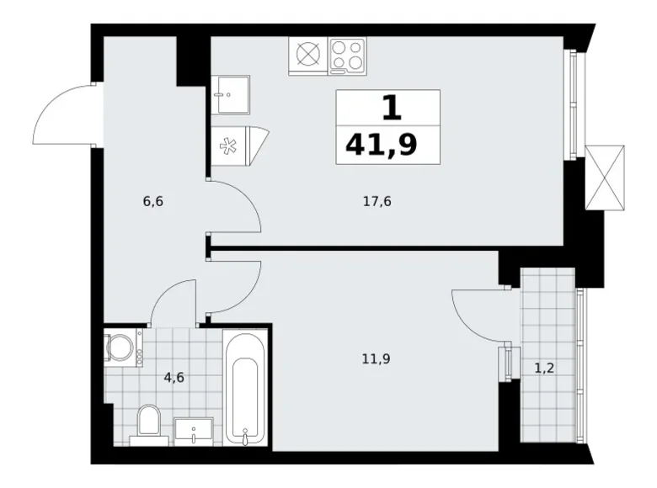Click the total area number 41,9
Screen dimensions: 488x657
point(381,146)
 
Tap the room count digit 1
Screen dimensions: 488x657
point(389,108)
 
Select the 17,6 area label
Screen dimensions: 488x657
point(377,201)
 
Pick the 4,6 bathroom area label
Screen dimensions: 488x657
point(174,377)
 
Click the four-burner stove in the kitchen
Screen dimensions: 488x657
point(347,56)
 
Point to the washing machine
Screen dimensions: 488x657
point(122,347)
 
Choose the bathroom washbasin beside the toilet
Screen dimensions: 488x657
point(195,430)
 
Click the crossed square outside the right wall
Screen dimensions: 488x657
point(605,176)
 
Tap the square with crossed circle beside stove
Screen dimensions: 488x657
point(308,56)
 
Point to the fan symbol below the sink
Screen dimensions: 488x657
point(228,146)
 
